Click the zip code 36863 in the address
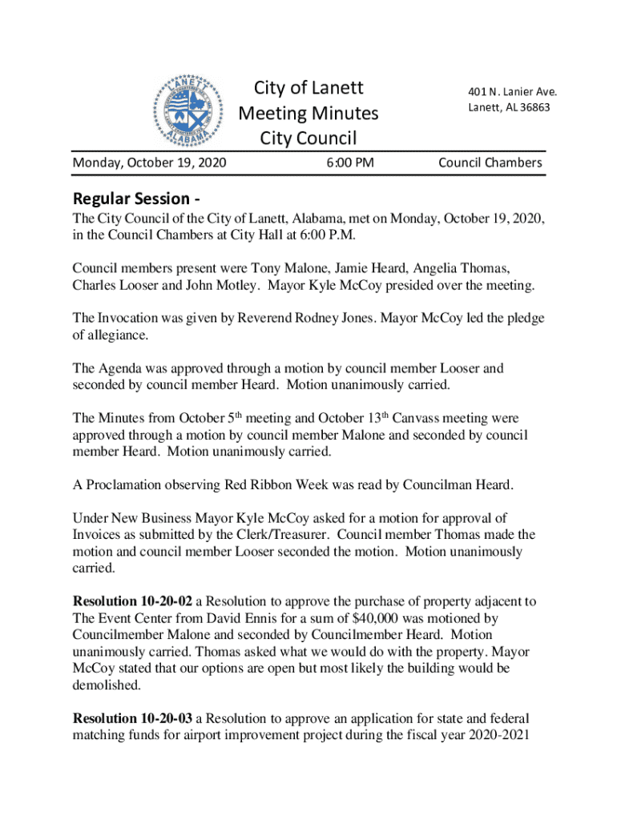(532, 107)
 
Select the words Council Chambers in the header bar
(490, 163)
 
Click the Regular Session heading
(136, 198)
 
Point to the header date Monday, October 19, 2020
(149, 163)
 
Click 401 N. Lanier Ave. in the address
(512, 91)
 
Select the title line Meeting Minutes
(308, 113)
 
